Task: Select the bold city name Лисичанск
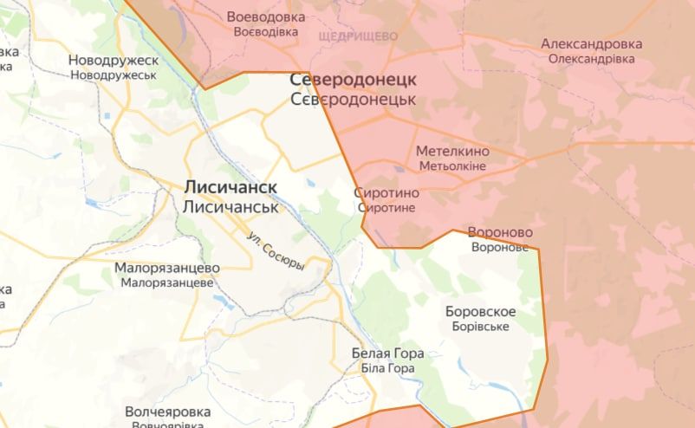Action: (x=230, y=187)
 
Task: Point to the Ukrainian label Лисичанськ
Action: (x=230, y=207)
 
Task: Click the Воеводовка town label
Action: (x=266, y=16)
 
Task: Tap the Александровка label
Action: (x=591, y=43)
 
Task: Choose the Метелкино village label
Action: (x=452, y=151)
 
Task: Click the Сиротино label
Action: (x=387, y=193)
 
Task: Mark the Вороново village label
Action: (x=500, y=232)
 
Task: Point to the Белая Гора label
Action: (x=387, y=353)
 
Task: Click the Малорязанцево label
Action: (x=167, y=268)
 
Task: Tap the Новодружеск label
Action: (x=114, y=61)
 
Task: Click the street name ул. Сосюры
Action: (x=276, y=251)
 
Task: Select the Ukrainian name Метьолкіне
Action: (x=452, y=165)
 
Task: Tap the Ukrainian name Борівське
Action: (x=480, y=327)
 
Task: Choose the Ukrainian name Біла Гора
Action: (x=387, y=368)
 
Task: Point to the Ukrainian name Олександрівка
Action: (x=591, y=59)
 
